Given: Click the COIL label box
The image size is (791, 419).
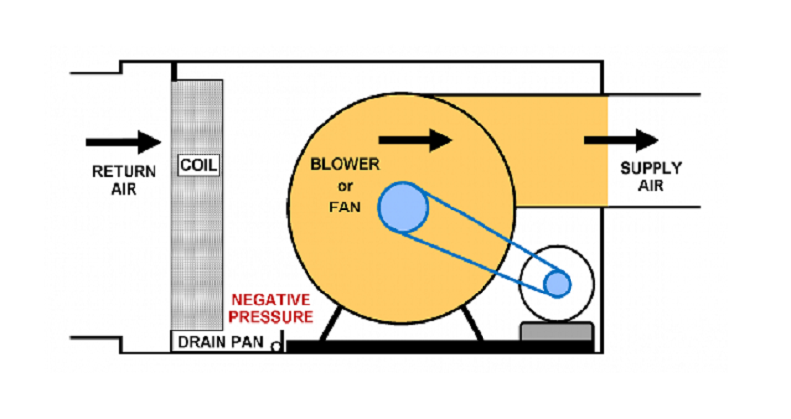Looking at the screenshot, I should pyautogui.click(x=199, y=164).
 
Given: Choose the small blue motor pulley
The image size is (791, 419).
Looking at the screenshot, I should pyautogui.click(x=557, y=283).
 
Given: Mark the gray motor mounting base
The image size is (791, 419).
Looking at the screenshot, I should pyautogui.click(x=557, y=332).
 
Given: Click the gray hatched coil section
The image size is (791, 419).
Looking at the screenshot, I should pyautogui.click(x=199, y=247).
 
